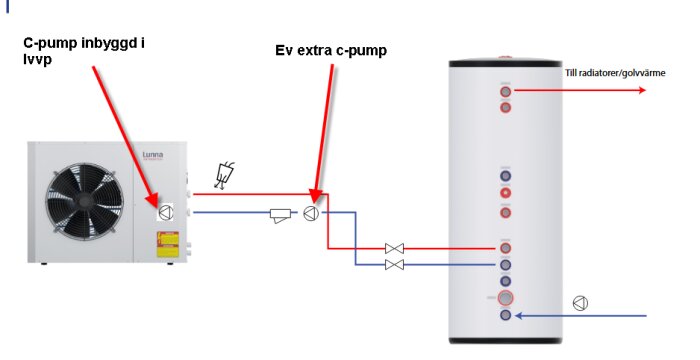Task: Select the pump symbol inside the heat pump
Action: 166,211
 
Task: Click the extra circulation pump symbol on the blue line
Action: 312,213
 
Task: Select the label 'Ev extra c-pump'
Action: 330,51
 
